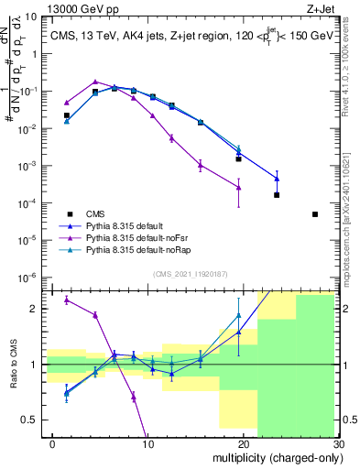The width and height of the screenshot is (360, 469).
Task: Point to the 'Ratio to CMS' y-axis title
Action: coord(15,365)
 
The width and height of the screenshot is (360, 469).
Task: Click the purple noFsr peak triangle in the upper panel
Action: coord(95,82)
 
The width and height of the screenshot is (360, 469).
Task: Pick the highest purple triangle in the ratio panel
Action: coord(66,300)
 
